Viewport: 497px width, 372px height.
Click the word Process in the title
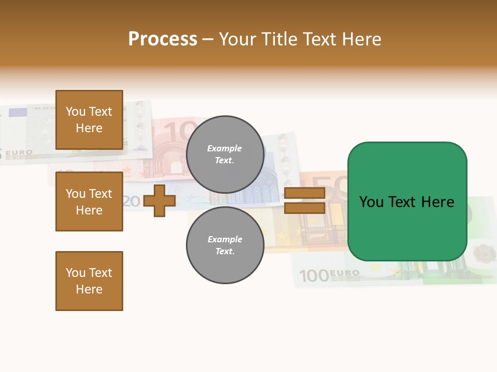click(163, 39)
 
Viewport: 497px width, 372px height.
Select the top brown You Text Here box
click(89, 120)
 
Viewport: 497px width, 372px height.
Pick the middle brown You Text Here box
click(89, 202)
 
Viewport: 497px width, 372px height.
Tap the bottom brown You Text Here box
click(89, 281)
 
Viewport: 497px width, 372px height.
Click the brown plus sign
click(159, 200)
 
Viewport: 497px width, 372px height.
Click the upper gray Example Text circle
click(225, 154)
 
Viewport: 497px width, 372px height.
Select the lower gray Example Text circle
click(225, 245)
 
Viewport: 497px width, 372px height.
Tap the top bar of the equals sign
click(304, 193)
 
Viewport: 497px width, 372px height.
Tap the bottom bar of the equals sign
click(304, 208)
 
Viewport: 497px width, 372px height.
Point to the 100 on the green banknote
click(314, 276)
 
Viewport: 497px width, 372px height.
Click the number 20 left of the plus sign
click(132, 202)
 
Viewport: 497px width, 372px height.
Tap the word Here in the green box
click(437, 202)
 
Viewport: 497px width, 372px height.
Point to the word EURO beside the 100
click(344, 273)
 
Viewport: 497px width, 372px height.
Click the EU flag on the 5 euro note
click(18, 112)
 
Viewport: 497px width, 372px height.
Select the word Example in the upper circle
click(224, 148)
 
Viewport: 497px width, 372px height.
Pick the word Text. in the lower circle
click(225, 251)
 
